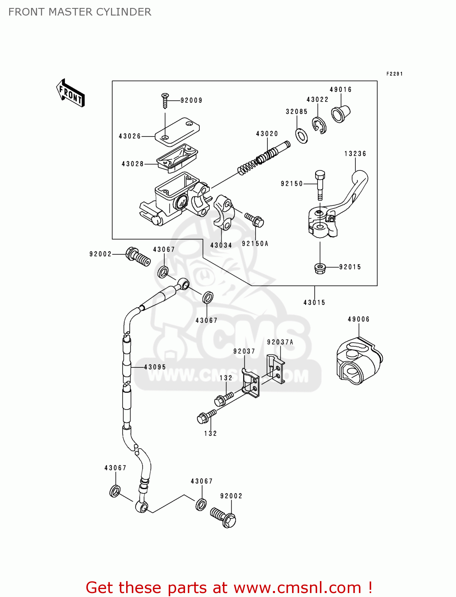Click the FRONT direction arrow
click(70, 93)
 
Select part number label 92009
click(191, 101)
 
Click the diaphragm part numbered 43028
click(177, 158)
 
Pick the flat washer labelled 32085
click(302, 136)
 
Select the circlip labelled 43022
click(319, 125)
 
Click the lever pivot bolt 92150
click(320, 185)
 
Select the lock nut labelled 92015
click(320, 268)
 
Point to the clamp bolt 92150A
click(255, 220)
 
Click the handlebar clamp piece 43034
click(224, 212)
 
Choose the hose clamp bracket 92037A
click(276, 368)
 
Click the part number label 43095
click(155, 367)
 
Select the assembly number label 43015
click(314, 303)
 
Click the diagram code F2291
click(394, 74)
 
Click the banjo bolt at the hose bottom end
click(224, 517)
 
